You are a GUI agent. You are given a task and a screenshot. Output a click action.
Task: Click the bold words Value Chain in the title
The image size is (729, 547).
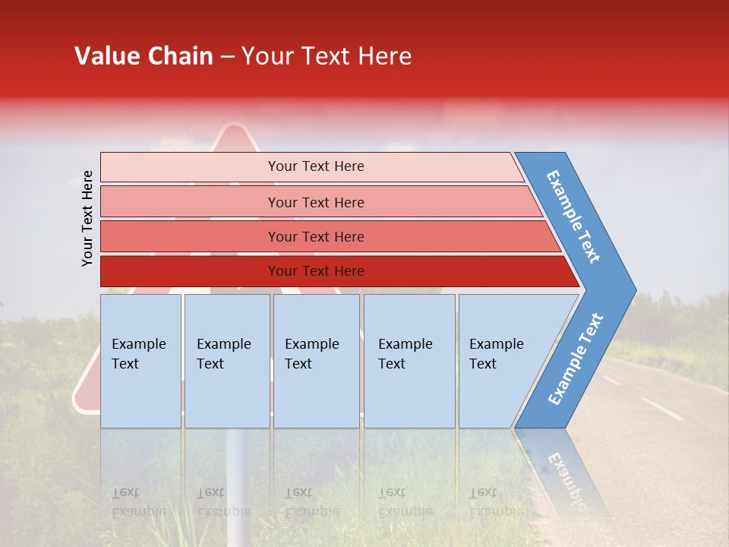click(x=144, y=56)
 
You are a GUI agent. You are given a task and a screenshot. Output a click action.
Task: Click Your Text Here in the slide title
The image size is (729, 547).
click(x=327, y=56)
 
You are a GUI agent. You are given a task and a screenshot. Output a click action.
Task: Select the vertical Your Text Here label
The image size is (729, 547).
click(x=88, y=219)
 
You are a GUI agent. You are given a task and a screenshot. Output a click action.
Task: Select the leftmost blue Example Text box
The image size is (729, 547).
click(x=140, y=361)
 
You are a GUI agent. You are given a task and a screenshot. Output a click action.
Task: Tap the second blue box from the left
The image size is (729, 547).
click(x=227, y=361)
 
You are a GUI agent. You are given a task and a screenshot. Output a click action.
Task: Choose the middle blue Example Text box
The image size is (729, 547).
click(x=316, y=361)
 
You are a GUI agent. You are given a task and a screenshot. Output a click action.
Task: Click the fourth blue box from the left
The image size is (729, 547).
click(x=409, y=361)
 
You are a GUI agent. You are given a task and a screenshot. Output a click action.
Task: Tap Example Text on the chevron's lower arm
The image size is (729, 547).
click(x=576, y=359)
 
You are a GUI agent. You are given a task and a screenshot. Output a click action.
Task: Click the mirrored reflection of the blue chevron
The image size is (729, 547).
click(x=562, y=471)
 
